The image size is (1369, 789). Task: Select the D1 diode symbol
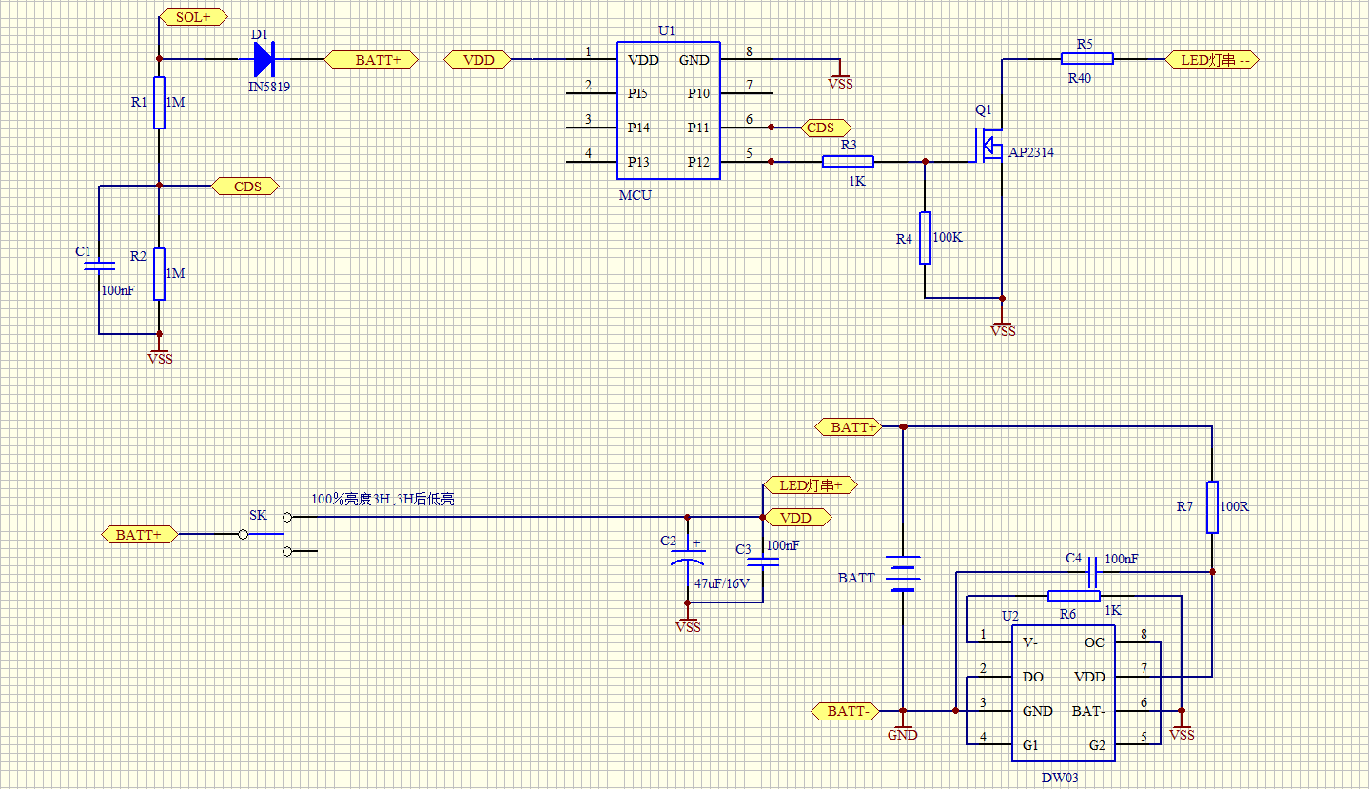pos(264,60)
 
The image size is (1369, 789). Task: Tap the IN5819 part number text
pos(269,86)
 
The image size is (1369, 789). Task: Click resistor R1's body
pos(160,103)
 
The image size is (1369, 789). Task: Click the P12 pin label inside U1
pos(698,162)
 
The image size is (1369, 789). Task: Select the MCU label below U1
pos(635,195)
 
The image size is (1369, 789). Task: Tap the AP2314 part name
pos(1031,152)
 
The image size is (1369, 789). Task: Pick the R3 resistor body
pos(848,162)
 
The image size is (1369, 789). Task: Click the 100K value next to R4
pos(948,237)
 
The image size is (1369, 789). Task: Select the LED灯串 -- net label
pos(1213,60)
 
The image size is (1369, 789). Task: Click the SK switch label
pos(258,515)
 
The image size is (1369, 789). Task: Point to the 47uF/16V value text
pos(722,583)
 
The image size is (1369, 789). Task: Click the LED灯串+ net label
pos(812,485)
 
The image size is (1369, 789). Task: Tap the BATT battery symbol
pos(903,573)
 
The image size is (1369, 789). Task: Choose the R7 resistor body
pos(1212,507)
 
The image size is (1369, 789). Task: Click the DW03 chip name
pos(1060,778)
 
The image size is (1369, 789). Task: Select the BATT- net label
pos(845,711)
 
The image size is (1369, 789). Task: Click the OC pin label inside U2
pos(1094,642)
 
